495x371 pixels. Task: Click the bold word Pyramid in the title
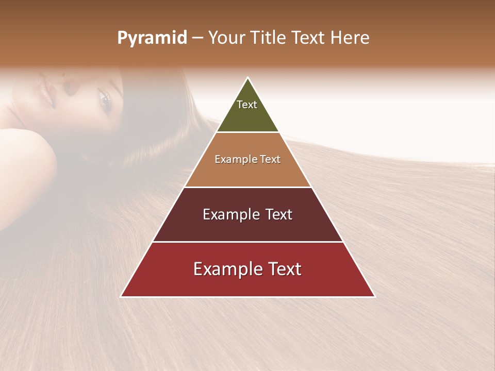152,38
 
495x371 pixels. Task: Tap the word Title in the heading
269,38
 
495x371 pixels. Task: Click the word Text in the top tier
247,105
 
